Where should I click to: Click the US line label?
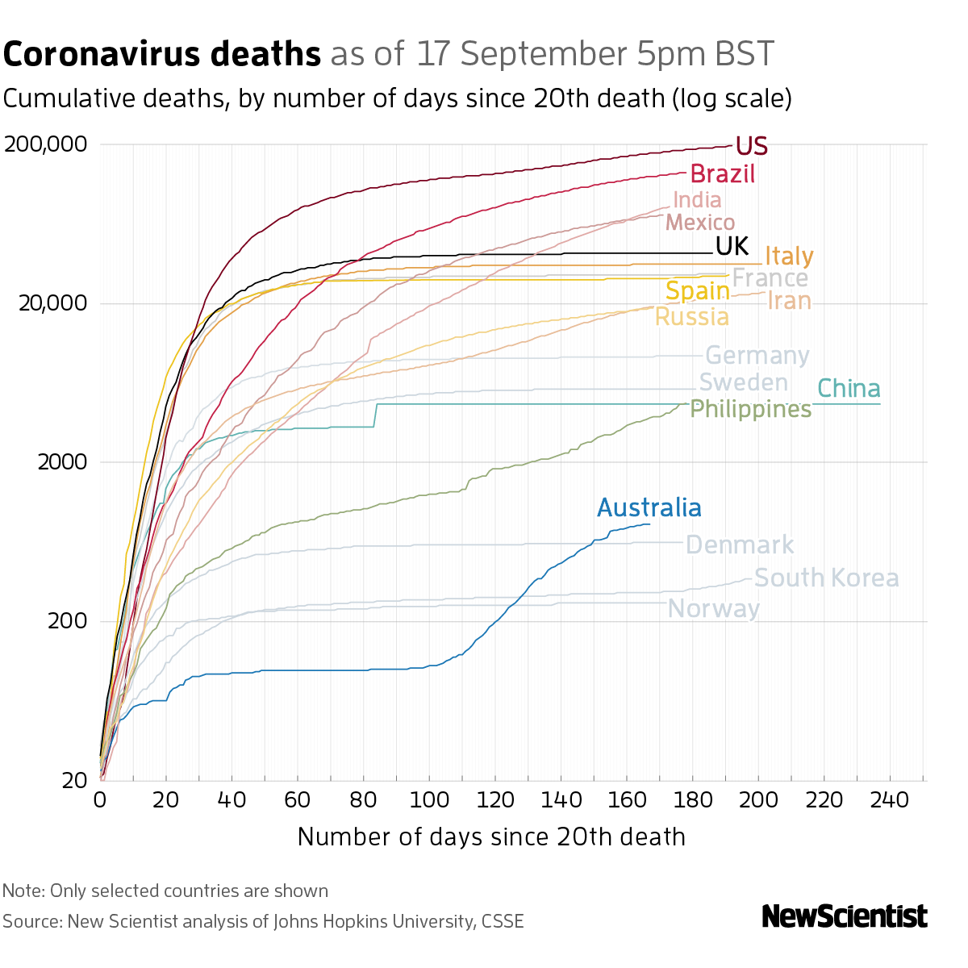[752, 146]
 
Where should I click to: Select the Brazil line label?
[723, 173]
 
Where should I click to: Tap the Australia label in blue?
[649, 508]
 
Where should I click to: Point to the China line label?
[849, 389]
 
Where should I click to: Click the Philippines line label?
[751, 410]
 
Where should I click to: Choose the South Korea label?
[826, 578]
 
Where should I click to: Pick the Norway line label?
[714, 608]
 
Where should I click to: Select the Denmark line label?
[740, 545]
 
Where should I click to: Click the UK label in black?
[732, 246]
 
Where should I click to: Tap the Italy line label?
[789, 256]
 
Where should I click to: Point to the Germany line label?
[757, 356]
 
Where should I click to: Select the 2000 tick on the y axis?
[62, 462]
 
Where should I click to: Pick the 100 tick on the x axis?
[429, 799]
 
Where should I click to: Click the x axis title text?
[491, 837]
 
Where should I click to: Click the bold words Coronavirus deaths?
[162, 55]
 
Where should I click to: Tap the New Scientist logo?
[845, 916]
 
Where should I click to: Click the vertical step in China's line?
[376, 415]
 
